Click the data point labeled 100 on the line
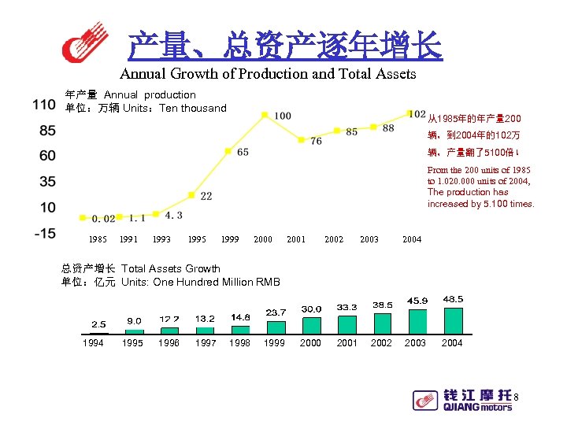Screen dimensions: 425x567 point(265,115)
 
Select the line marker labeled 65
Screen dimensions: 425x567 point(228,150)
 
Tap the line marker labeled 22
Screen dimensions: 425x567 point(191,194)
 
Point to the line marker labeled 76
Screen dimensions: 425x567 point(301,139)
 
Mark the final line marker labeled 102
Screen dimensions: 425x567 point(410,113)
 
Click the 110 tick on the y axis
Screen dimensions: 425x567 point(44,105)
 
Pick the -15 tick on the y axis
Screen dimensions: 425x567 point(43,233)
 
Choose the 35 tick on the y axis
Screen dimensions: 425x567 point(46,182)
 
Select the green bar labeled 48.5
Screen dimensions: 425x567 point(453,320)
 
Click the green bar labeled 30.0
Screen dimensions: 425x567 point(312,325)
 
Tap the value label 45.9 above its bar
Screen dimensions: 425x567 point(417,301)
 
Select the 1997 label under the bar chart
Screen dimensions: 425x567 point(205,343)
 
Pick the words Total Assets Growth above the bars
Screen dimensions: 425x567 point(170,268)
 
